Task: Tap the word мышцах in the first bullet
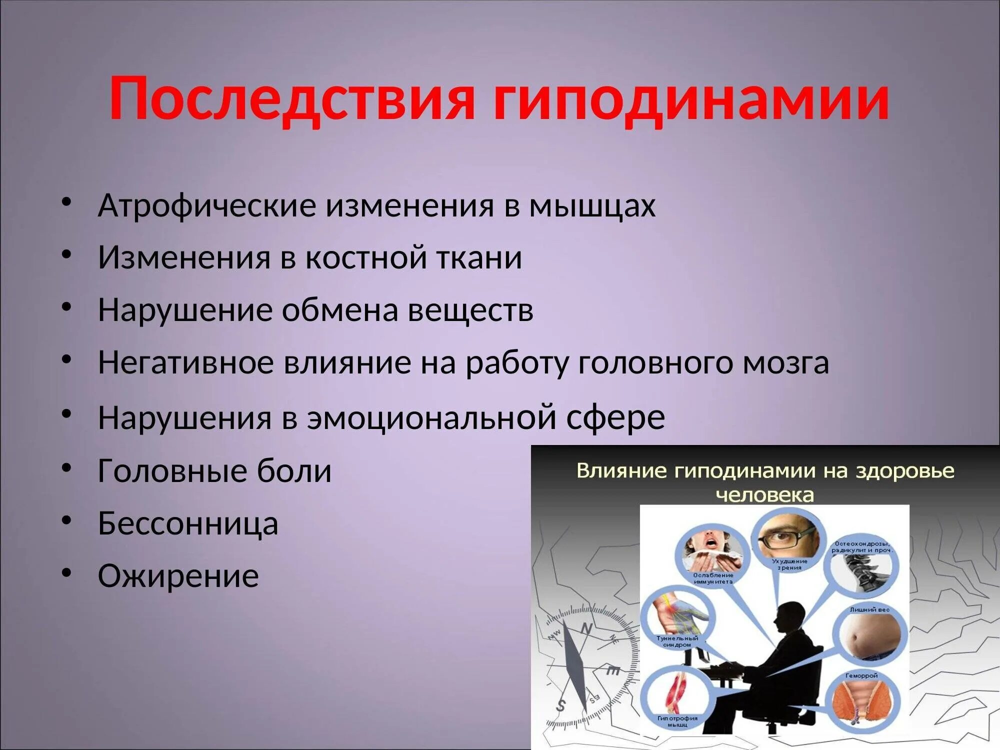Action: (x=592, y=205)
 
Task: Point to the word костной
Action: (x=366, y=257)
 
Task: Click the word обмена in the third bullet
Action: (x=339, y=309)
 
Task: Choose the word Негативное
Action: (x=185, y=362)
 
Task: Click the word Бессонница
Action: (x=187, y=523)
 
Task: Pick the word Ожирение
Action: (x=178, y=575)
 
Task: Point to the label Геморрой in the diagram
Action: (x=861, y=675)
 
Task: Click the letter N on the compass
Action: (x=586, y=628)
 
